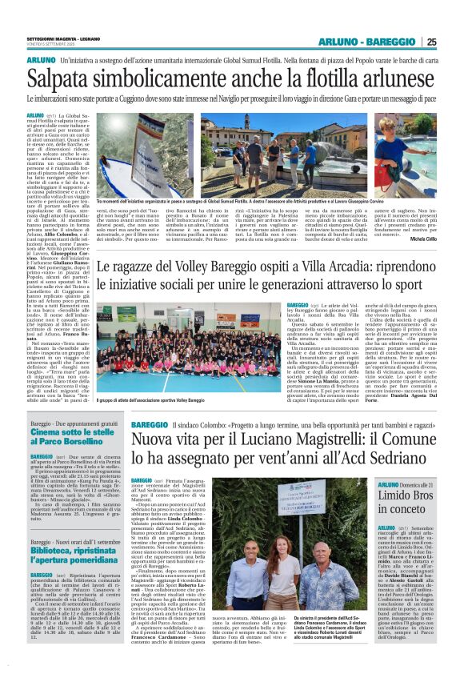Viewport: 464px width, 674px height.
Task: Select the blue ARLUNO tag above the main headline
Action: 41,61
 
